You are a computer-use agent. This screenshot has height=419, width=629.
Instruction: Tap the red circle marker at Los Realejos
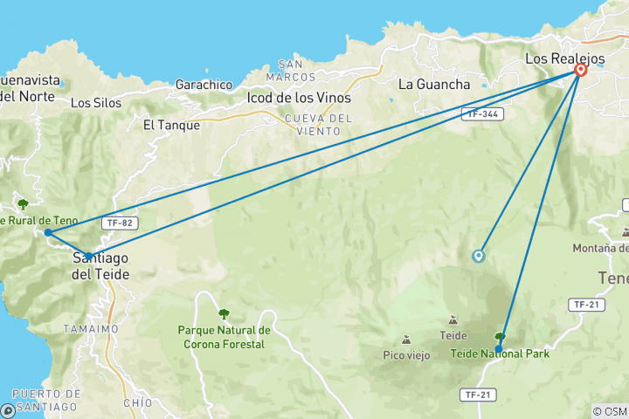pyautogui.click(x=581, y=71)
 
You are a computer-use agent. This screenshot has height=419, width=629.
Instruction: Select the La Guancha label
pyautogui.click(x=434, y=85)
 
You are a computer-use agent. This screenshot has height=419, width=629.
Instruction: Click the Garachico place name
pyautogui.click(x=204, y=85)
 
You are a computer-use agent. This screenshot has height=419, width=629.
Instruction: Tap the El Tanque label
pyautogui.click(x=171, y=125)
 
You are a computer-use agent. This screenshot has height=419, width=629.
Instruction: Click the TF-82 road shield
pyautogui.click(x=120, y=223)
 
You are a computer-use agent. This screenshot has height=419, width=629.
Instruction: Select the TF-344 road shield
pyautogui.click(x=481, y=113)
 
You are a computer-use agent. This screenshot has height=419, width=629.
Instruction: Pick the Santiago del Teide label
pyautogui.click(x=100, y=266)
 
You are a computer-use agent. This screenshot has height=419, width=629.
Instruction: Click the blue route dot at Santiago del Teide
pyautogui.click(x=88, y=257)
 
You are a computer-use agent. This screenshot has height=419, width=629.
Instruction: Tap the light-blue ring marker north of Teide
pyautogui.click(x=478, y=256)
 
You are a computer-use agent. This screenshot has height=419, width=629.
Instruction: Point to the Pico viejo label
pyautogui.click(x=405, y=354)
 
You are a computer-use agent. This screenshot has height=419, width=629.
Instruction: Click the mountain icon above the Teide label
pyautogui.click(x=453, y=321)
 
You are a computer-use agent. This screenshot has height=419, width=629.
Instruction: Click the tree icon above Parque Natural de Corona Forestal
pyautogui.click(x=224, y=313)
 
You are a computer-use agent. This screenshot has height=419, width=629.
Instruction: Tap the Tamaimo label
pyautogui.click(x=90, y=328)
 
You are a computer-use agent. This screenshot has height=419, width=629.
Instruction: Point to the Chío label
pyautogui.click(x=138, y=402)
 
